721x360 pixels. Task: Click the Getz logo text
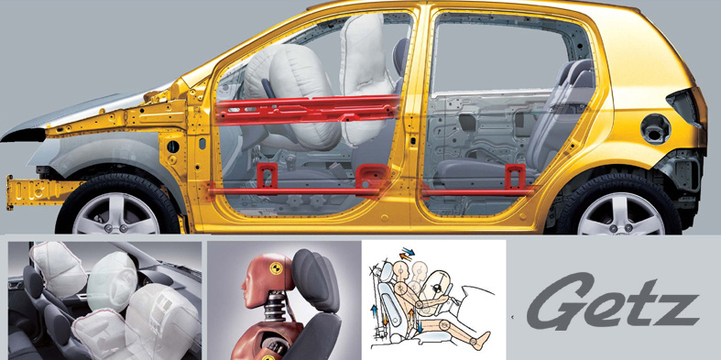(x=613, y=301)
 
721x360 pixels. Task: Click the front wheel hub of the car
(x=115, y=227)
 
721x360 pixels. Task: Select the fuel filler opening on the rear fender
(x=656, y=129)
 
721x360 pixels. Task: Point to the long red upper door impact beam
(x=307, y=110)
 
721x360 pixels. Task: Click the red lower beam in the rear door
(x=478, y=191)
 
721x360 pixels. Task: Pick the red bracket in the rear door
(x=515, y=176)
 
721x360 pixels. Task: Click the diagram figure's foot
(x=482, y=341)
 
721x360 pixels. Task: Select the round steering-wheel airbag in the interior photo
(x=113, y=281)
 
